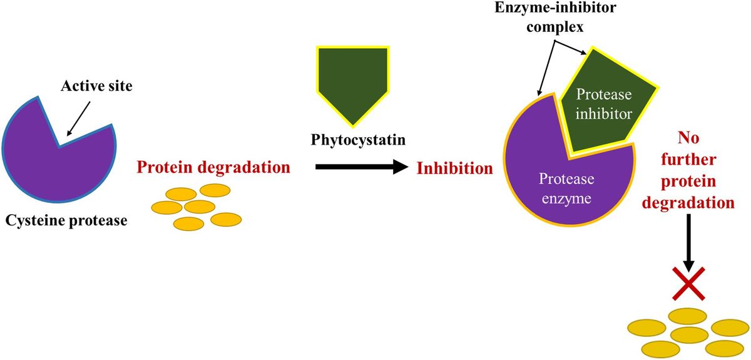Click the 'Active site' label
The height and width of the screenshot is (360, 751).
tap(96, 86)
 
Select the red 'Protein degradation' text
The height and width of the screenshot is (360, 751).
tap(213, 168)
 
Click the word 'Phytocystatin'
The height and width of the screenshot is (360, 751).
tap(357, 139)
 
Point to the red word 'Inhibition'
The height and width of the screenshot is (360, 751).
tap(454, 168)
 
